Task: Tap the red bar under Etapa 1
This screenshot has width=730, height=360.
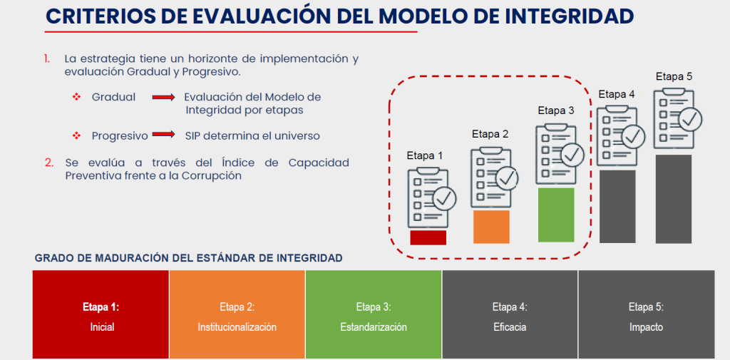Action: (x=428, y=237)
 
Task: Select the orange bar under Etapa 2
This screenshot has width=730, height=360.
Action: (x=491, y=227)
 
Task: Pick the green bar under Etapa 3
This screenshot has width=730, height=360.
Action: (x=556, y=215)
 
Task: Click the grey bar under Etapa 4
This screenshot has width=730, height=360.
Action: (x=617, y=206)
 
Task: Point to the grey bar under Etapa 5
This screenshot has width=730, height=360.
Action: (x=673, y=199)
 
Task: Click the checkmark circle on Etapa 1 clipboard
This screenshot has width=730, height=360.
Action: (x=445, y=198)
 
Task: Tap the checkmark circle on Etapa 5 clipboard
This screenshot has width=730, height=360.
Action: (x=690, y=119)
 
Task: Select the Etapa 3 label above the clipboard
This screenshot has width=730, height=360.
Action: (x=556, y=110)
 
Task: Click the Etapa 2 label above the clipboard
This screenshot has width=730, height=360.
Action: (x=490, y=134)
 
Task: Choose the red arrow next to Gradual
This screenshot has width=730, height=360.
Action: (x=163, y=98)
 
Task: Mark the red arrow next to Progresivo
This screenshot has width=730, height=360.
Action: (x=163, y=135)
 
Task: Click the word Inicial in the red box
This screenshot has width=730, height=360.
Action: (x=102, y=327)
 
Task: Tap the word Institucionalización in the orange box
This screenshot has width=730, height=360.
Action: (x=237, y=327)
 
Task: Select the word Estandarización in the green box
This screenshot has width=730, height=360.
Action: (x=374, y=327)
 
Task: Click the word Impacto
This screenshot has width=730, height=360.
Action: (x=646, y=327)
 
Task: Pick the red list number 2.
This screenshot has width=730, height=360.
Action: (x=49, y=163)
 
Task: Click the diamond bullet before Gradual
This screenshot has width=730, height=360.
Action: (x=77, y=98)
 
